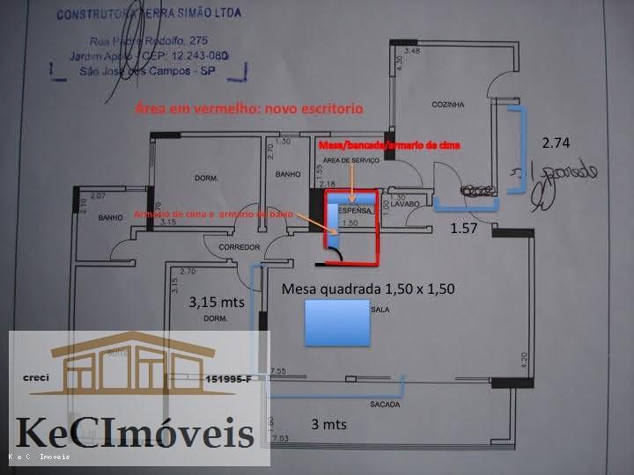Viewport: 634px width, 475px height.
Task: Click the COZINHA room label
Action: (x=447, y=104)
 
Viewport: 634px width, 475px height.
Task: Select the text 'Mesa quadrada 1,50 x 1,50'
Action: (x=367, y=289)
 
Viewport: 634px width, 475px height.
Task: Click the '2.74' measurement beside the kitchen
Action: (x=557, y=142)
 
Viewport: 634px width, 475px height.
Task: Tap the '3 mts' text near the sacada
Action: (x=328, y=424)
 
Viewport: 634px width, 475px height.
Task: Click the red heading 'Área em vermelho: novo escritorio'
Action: (x=248, y=108)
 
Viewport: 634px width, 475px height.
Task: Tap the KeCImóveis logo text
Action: (x=135, y=434)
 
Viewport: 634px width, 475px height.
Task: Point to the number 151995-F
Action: (x=226, y=378)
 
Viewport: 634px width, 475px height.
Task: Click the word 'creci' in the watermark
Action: (x=37, y=378)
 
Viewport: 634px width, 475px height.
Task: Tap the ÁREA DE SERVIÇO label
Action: (x=350, y=161)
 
